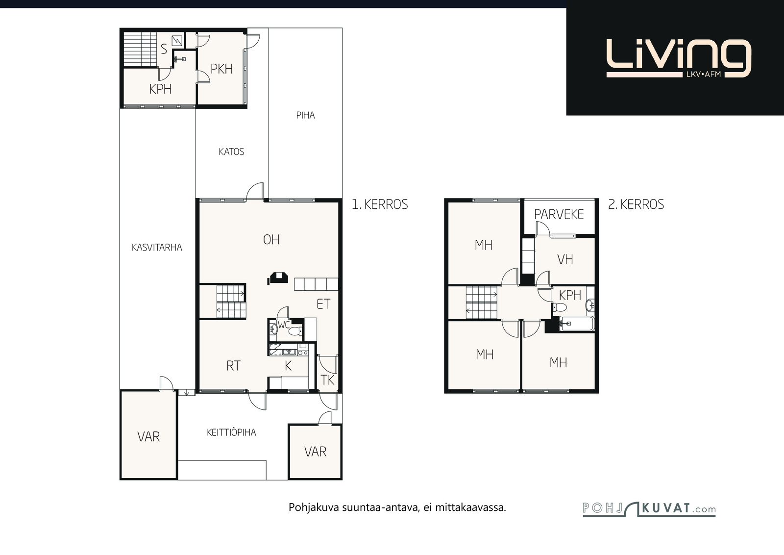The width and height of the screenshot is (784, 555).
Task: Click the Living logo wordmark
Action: coord(679,58)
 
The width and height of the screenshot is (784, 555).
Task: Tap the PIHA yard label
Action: coord(306,116)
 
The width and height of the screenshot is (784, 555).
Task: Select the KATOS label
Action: coord(231,152)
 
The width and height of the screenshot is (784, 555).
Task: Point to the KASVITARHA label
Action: coord(157,248)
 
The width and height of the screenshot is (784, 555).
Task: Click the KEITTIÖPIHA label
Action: coord(231,433)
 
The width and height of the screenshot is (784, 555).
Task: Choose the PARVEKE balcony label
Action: coord(559,214)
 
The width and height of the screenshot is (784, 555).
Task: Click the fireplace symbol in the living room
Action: coord(278,278)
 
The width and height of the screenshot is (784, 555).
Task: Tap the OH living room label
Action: coord(271,240)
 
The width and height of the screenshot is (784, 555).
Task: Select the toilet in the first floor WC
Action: coord(296,330)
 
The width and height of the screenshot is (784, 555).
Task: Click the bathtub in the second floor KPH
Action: coord(576,324)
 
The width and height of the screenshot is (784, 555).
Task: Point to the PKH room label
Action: coord(221,69)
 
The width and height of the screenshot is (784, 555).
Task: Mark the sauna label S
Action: coord(164,50)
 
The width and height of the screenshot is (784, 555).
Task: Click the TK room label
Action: coord(328,380)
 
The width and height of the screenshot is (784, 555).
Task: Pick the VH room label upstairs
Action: coord(565,259)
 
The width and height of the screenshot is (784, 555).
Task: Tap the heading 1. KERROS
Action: coord(380,204)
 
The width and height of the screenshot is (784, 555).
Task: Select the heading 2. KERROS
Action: coord(636,204)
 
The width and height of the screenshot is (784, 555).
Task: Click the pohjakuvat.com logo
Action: coord(649,509)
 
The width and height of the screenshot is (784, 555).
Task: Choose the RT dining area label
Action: coord(233,366)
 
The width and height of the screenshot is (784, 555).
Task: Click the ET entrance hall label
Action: coord(323,304)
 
